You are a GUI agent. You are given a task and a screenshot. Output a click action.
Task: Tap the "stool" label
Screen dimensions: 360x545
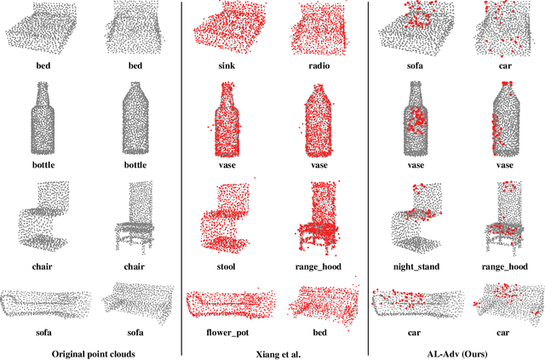[227, 266]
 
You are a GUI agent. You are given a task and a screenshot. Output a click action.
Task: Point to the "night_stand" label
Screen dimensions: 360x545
[415, 266]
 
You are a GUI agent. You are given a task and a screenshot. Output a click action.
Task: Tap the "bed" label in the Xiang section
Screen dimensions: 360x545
[318, 332]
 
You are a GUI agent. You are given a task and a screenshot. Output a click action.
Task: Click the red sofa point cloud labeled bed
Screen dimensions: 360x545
[320, 302]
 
